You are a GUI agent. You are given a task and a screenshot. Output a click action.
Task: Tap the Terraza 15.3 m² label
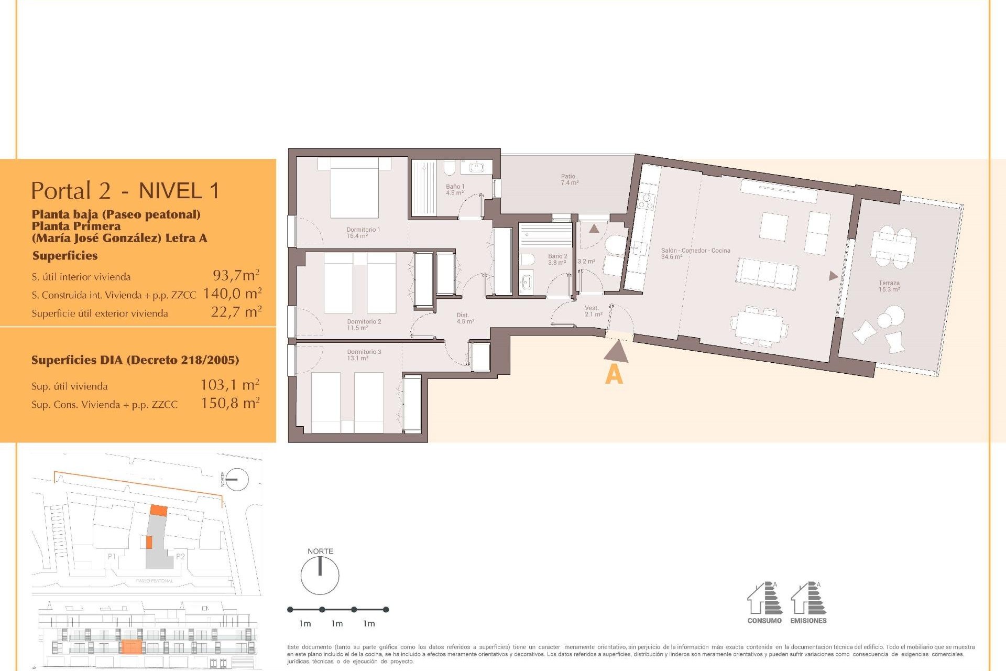[889, 286]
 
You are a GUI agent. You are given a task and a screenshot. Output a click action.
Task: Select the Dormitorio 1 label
[363, 233]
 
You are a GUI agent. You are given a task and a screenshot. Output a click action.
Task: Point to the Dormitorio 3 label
[364, 355]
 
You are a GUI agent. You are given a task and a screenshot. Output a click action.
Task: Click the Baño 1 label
[455, 189]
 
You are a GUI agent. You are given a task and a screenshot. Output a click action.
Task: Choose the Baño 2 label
[557, 259]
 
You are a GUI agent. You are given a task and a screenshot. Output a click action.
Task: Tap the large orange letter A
[614, 375]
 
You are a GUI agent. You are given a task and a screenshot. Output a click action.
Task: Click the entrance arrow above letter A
[617, 352]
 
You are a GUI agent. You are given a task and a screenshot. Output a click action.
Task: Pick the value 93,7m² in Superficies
[236, 275]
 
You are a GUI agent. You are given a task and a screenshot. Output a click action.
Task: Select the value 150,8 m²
[230, 403]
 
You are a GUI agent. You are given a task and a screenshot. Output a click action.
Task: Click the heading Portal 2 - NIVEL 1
[125, 191]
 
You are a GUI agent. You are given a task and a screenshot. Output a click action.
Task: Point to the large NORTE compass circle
[320, 576]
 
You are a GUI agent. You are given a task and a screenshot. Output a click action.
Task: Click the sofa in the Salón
[767, 274]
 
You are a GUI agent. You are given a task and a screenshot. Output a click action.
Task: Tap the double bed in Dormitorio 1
[354, 189]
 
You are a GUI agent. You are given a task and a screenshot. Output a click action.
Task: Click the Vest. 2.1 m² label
[593, 311]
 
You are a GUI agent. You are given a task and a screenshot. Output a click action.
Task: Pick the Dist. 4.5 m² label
[465, 318]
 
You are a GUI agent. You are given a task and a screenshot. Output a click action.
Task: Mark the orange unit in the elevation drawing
[130, 647]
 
